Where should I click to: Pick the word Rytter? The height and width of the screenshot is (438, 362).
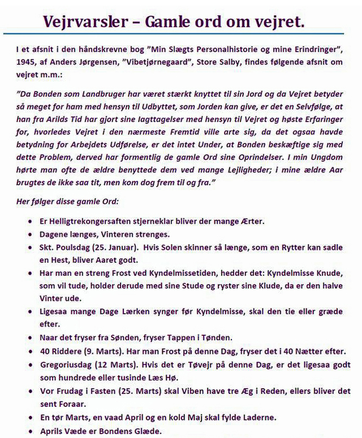tap(285, 248)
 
